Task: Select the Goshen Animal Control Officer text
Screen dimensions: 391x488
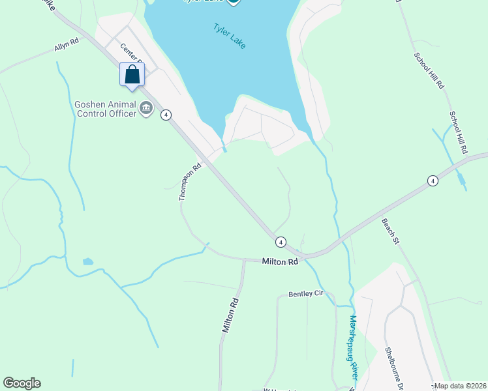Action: coord(105,109)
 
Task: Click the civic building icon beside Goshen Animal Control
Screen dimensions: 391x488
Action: coord(146,109)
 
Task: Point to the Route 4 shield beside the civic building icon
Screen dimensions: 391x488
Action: coord(167,115)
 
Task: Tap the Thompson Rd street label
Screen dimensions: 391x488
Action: coord(190,182)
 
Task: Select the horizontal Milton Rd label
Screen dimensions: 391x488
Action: coord(280,261)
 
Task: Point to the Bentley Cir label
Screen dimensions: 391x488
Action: coord(306,295)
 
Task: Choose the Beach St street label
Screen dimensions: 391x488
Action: coord(390,231)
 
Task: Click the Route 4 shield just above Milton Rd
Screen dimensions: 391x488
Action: coord(280,242)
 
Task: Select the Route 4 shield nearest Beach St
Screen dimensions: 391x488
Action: coord(432,181)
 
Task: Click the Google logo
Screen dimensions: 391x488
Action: coord(22,383)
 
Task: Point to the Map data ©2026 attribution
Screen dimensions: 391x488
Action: coord(461,386)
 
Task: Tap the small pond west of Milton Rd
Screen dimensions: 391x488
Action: coord(88,261)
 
